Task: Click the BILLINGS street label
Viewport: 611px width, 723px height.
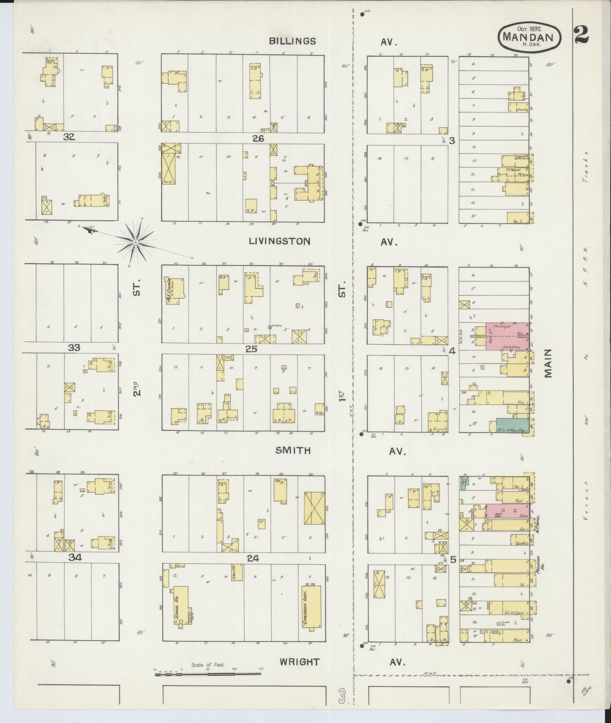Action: click(x=293, y=41)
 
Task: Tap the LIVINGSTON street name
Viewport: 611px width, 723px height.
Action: click(x=280, y=241)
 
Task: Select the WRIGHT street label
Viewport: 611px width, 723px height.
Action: click(x=299, y=662)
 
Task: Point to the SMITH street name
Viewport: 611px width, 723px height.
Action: click(x=293, y=451)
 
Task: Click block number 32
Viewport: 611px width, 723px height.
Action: click(x=69, y=137)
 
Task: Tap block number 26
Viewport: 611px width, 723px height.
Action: click(x=258, y=138)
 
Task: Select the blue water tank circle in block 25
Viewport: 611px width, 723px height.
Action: click(x=270, y=327)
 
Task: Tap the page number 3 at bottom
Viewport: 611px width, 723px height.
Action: click(x=342, y=696)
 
